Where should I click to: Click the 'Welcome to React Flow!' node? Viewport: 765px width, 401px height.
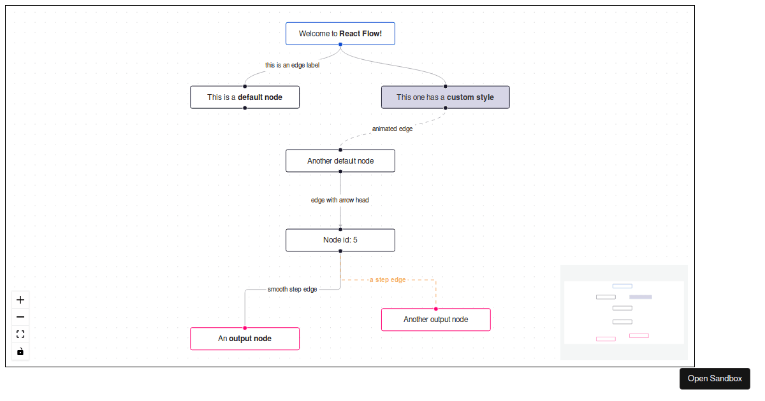[x=340, y=34]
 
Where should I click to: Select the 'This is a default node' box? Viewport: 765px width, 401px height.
[x=245, y=97]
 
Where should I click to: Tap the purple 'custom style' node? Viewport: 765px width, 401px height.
[x=445, y=97]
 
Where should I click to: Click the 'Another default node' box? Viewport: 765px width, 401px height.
[x=340, y=161]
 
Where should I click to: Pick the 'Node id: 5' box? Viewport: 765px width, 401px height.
[x=340, y=240]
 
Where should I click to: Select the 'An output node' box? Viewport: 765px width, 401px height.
[x=245, y=339]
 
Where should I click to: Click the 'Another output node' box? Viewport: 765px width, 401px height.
[x=435, y=320]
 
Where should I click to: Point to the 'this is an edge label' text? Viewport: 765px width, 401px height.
[x=292, y=65]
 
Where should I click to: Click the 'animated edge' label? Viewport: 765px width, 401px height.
[x=392, y=129]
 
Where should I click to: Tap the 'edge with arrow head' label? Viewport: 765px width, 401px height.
[x=340, y=200]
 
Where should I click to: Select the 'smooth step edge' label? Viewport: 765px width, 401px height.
[x=292, y=289]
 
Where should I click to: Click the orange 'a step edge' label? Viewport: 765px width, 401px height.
[x=388, y=279]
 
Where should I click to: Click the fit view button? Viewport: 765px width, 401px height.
[x=20, y=334]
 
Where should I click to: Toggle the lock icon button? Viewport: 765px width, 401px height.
[x=20, y=351]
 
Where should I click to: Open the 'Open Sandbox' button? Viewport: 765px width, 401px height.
[x=715, y=379]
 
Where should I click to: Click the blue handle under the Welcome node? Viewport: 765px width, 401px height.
[x=340, y=45]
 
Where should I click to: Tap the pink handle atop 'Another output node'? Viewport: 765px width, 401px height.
[x=436, y=309]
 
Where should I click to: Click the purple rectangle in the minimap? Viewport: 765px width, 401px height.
[x=641, y=297]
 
